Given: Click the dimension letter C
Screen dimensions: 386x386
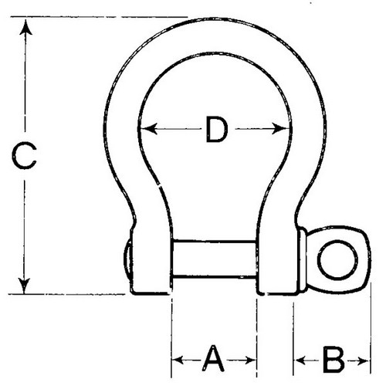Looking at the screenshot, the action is click(x=24, y=157).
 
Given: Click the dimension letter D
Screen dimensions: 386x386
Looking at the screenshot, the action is click(x=217, y=129).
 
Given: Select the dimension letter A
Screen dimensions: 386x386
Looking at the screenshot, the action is click(x=213, y=358).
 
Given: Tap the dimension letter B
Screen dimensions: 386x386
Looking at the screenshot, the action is click(x=334, y=360).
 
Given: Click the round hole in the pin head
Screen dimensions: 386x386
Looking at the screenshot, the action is click(x=337, y=260).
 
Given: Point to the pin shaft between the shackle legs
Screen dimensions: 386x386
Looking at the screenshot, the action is click(x=215, y=259).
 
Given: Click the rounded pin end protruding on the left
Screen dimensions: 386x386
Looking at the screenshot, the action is click(x=127, y=260).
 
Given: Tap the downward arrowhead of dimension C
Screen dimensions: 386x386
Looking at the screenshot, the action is click(x=25, y=286).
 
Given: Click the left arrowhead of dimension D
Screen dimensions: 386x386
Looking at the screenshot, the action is click(x=149, y=128).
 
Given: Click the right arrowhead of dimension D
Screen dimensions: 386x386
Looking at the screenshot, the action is click(x=281, y=128).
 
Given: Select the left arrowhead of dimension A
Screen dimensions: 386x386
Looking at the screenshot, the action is click(x=178, y=360).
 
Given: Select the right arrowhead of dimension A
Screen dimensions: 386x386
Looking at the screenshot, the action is click(x=251, y=360).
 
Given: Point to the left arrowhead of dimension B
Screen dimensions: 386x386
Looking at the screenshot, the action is click(x=300, y=361).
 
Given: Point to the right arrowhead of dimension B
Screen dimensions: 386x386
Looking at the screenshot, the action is click(x=364, y=361).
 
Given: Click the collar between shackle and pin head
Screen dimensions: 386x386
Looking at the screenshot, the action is click(x=302, y=259).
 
